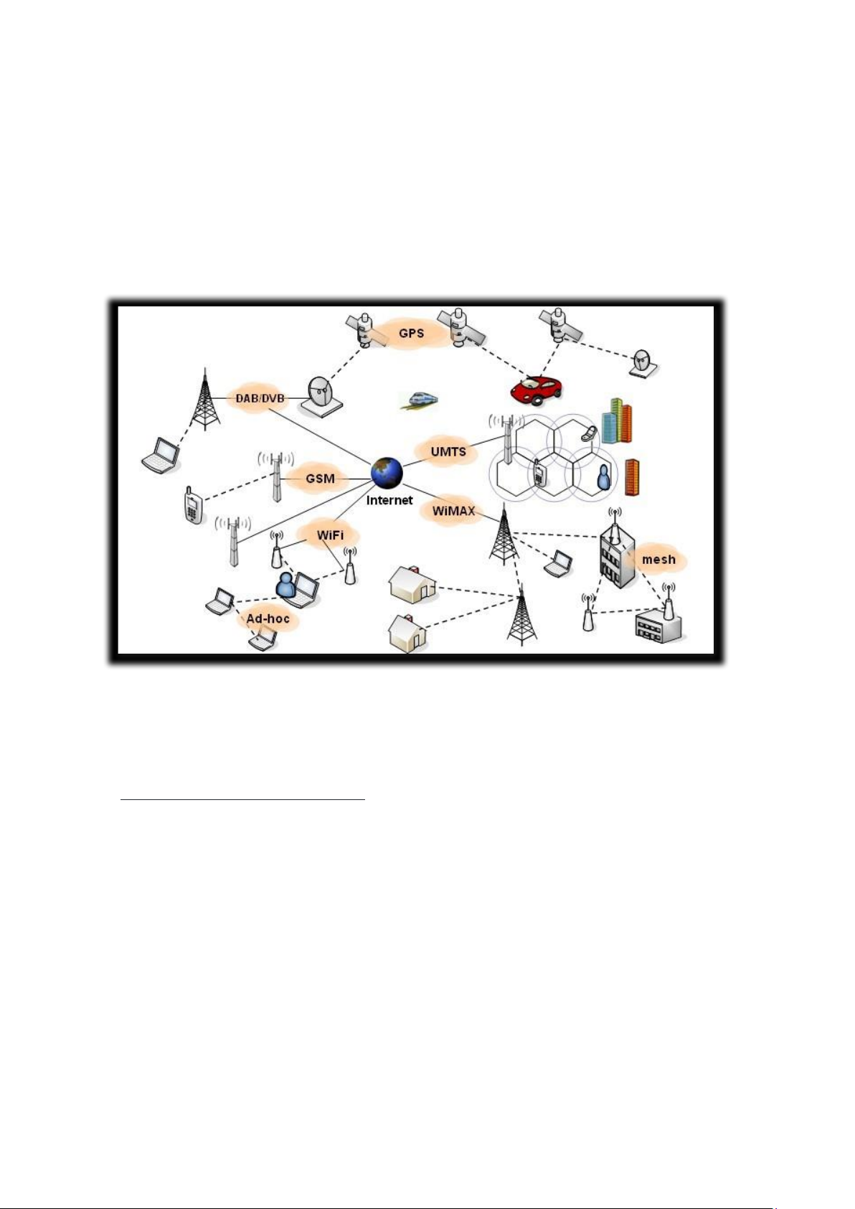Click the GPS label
[411, 333]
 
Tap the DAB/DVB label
[260, 399]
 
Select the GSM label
[320, 478]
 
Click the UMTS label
[448, 451]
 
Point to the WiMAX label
[453, 511]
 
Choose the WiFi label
[330, 535]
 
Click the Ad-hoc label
[268, 618]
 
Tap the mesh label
[658, 559]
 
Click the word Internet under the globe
[389, 500]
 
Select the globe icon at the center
[387, 474]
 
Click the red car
[537, 390]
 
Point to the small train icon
[419, 400]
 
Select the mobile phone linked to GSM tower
[192, 505]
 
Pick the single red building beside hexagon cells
[632, 477]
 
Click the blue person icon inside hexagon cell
[603, 477]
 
